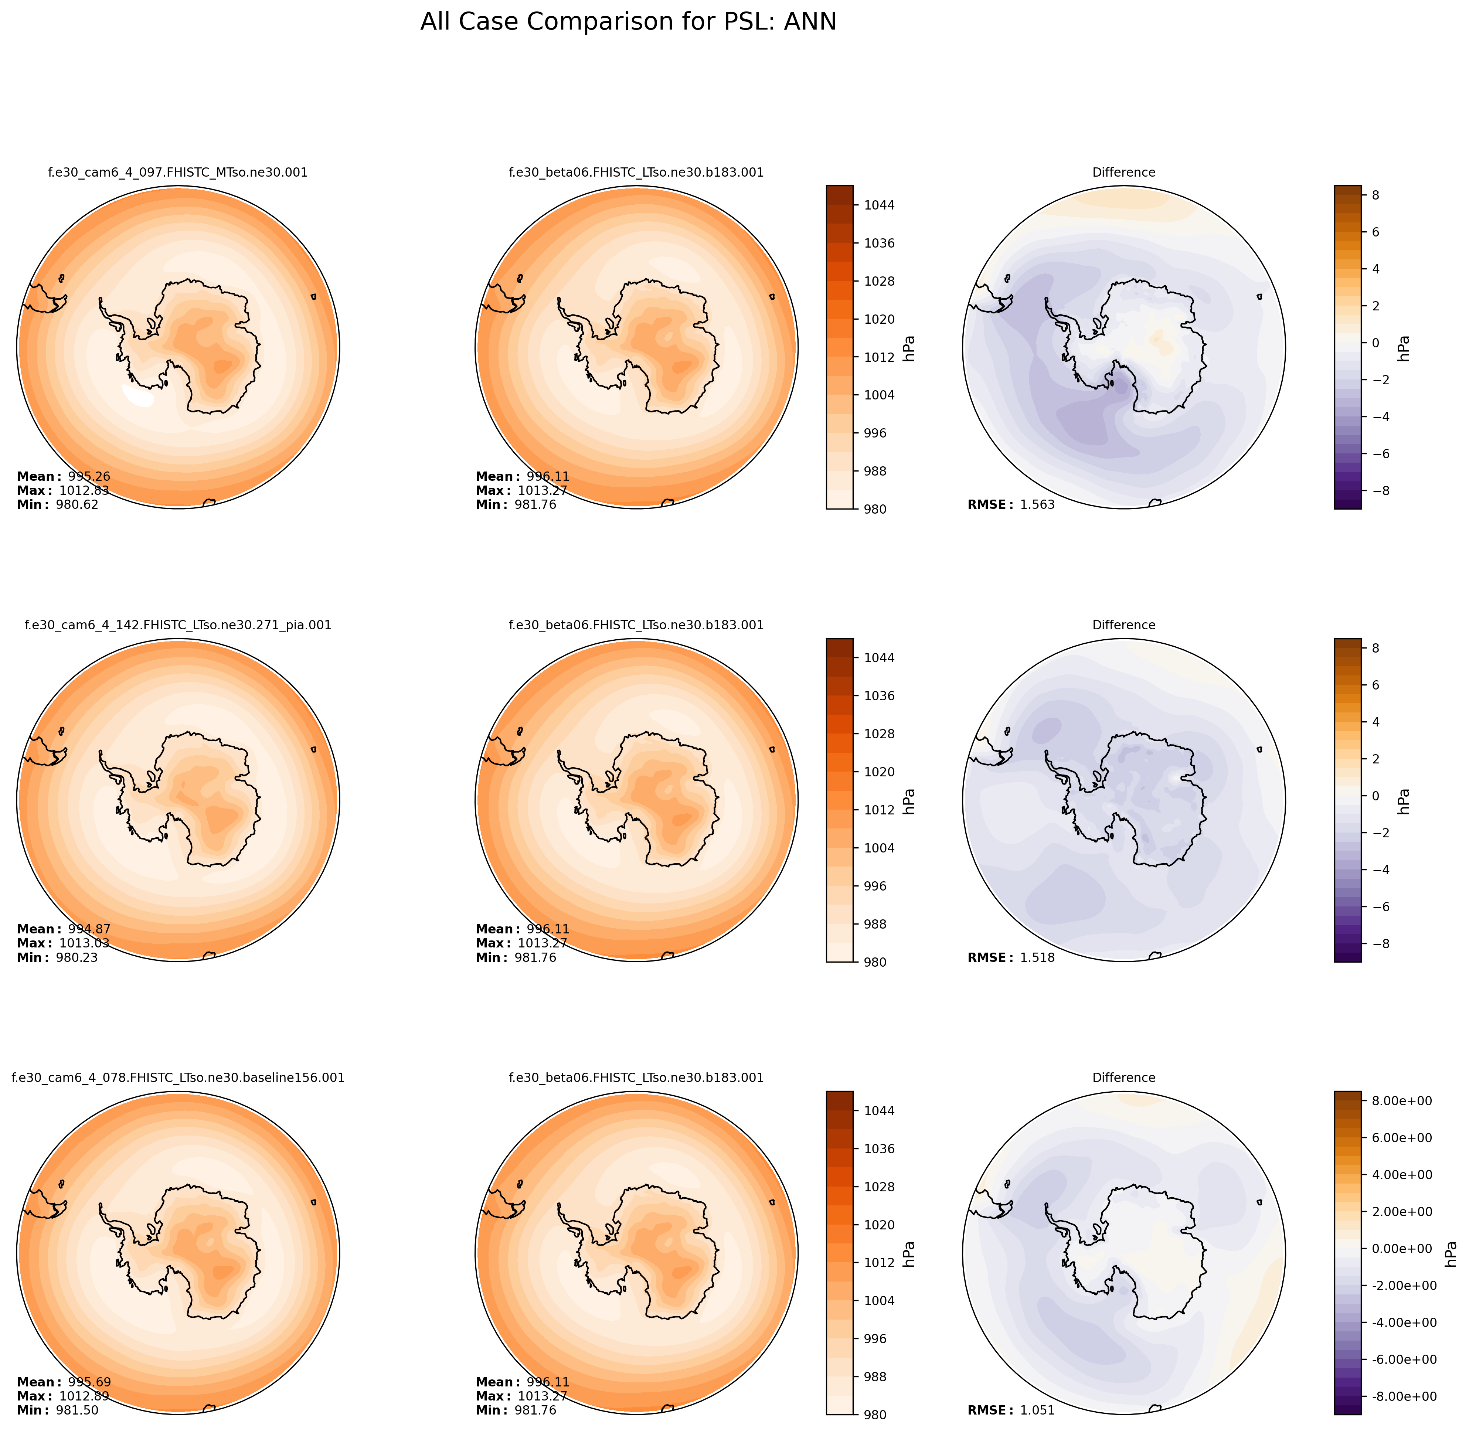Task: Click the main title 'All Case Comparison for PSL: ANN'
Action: tap(628, 22)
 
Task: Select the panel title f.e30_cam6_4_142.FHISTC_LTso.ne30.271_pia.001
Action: tap(178, 625)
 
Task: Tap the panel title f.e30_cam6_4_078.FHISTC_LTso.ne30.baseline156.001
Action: tap(178, 1078)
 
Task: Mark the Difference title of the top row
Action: tap(1123, 172)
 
